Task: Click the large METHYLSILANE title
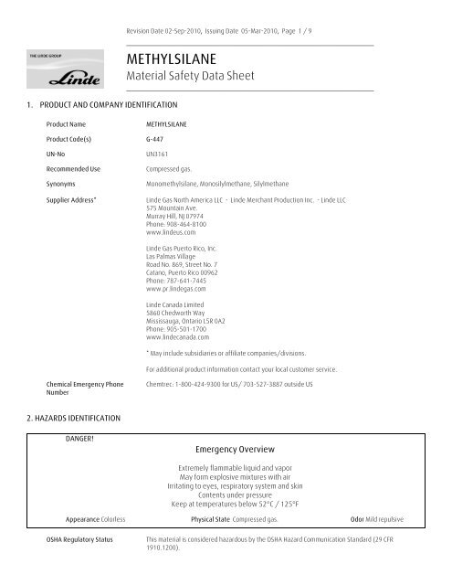(x=184, y=61)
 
